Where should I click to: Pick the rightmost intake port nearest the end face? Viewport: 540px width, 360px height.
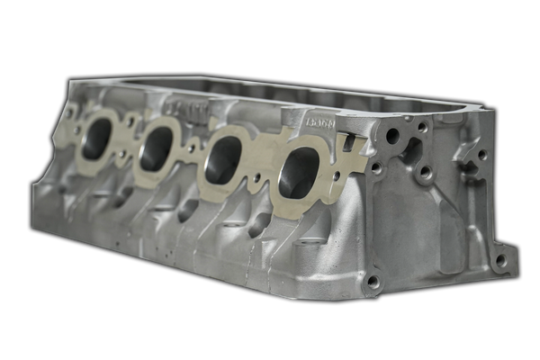pyautogui.click(x=300, y=171)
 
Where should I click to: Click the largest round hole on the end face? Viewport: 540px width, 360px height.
pyautogui.click(x=392, y=136)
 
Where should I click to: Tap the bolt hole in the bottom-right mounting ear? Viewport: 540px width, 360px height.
pyautogui.click(x=500, y=260)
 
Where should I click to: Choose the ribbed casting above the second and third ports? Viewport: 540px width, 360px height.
pyautogui.click(x=184, y=108)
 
